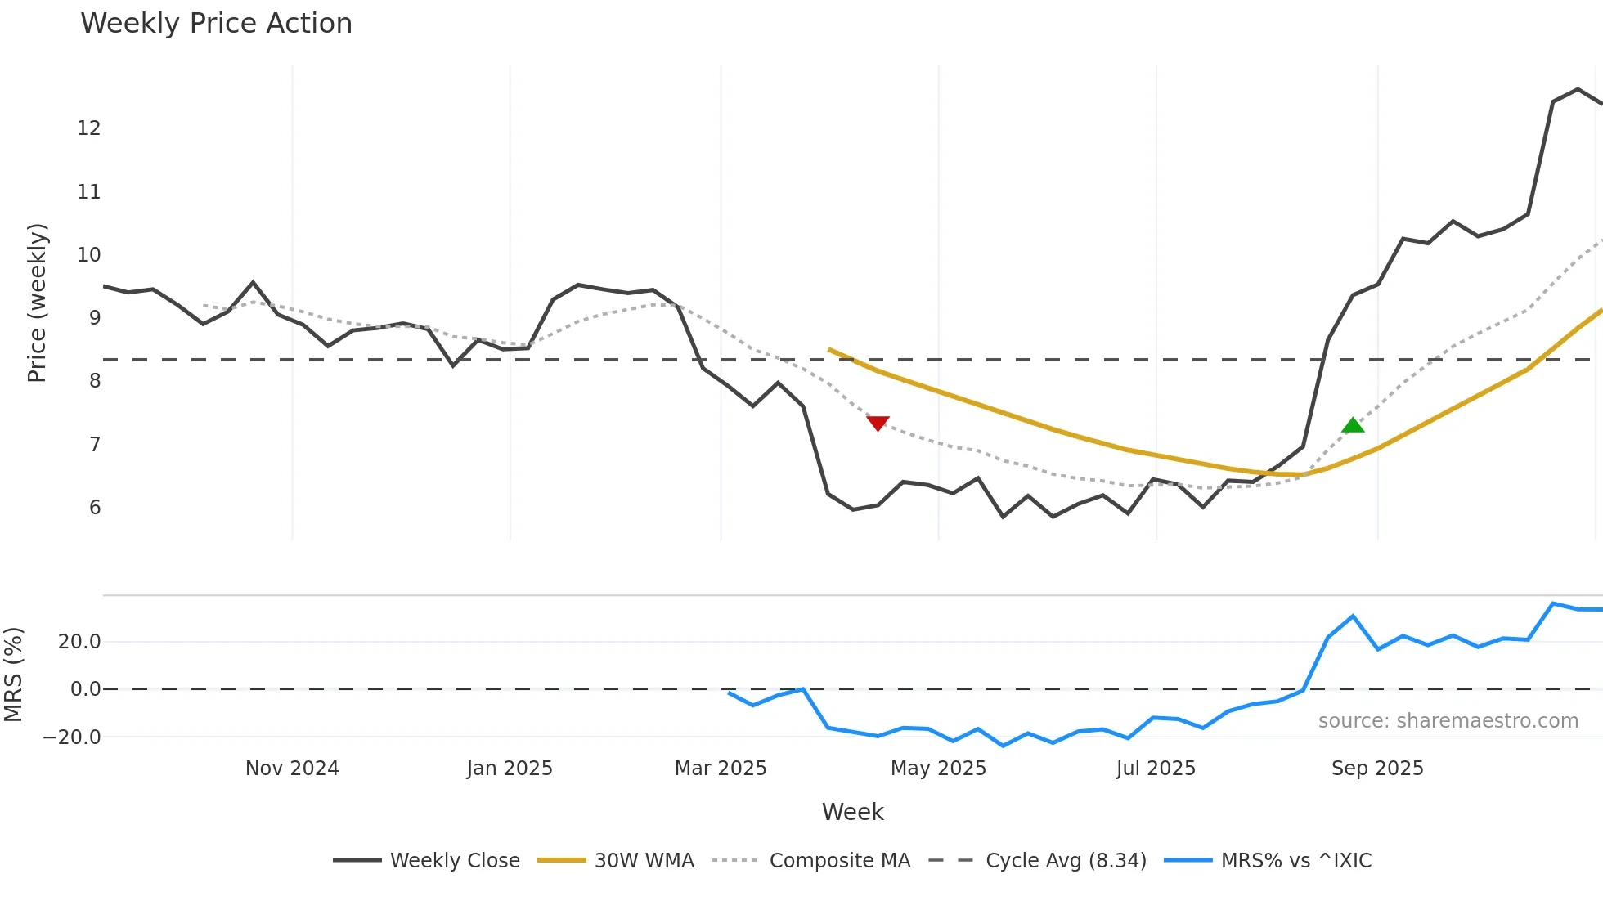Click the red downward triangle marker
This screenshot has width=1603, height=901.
click(878, 423)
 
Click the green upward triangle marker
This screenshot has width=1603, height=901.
click(1353, 425)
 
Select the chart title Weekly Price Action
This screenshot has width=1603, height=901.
click(216, 24)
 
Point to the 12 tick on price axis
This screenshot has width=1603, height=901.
click(88, 128)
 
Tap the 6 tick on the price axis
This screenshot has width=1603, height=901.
click(95, 508)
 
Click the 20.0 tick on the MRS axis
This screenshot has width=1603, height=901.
click(79, 642)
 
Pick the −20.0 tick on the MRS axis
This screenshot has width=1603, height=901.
click(72, 737)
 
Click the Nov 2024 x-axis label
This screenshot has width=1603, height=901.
click(292, 769)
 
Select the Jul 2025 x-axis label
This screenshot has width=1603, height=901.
click(1156, 769)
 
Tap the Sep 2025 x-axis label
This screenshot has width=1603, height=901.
click(1377, 769)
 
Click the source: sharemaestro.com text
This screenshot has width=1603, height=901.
click(1448, 721)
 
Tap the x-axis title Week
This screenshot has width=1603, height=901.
click(852, 812)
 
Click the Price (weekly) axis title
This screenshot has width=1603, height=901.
click(37, 303)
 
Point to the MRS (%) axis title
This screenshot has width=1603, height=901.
click(13, 675)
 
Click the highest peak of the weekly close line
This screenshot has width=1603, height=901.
click(1578, 89)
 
